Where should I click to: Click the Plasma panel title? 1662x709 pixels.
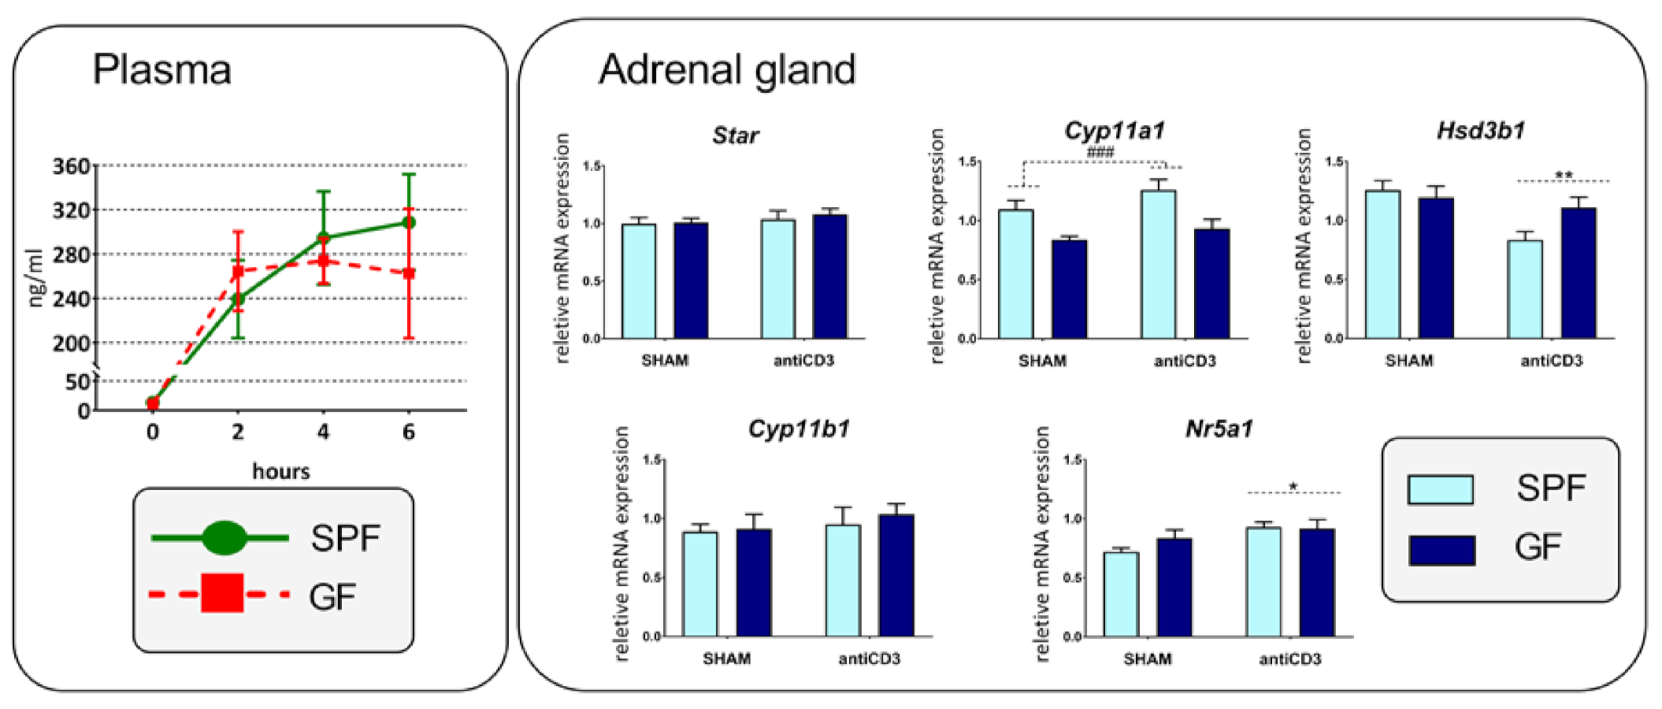[x=161, y=69]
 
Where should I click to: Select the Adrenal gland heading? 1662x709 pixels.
[x=726, y=69]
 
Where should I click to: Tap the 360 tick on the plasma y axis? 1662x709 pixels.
[x=71, y=166]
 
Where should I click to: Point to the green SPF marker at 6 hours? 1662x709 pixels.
[x=409, y=222]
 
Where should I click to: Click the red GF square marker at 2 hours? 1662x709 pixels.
[x=238, y=272]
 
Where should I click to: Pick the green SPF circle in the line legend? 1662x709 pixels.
[x=224, y=538]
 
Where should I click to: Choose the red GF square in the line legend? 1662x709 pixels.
[x=222, y=593]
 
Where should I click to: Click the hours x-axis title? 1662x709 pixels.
[x=281, y=471]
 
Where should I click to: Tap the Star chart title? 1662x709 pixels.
[x=735, y=135]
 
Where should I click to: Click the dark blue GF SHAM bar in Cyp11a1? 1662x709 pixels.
[x=1069, y=289]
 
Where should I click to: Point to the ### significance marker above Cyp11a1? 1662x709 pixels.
[x=1100, y=152]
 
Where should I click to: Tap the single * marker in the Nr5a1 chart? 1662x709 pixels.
[x=1293, y=487]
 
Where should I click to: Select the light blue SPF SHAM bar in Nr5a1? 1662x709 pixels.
[x=1121, y=594]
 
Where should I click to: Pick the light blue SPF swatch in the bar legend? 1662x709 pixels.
[x=1441, y=489]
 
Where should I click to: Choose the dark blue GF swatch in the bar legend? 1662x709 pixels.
[x=1441, y=550]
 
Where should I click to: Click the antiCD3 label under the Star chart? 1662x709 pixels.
[x=803, y=361]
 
